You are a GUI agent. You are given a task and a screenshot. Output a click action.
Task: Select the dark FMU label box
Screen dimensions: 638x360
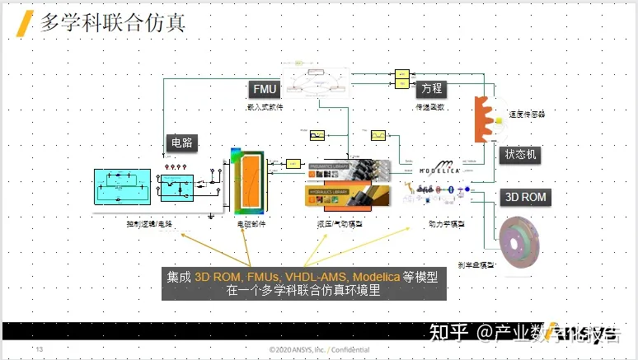click(264, 89)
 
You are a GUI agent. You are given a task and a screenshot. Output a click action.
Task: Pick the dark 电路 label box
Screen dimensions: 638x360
click(181, 142)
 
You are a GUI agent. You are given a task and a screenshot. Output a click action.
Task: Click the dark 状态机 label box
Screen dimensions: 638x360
click(522, 154)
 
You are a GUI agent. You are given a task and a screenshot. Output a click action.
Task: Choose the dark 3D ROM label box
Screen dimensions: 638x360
click(524, 198)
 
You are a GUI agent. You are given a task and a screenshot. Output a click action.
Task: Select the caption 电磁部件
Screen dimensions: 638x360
click(251, 223)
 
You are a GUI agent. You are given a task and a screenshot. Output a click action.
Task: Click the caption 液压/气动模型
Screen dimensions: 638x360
click(339, 222)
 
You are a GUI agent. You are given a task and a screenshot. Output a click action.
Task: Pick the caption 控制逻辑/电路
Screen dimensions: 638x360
click(149, 223)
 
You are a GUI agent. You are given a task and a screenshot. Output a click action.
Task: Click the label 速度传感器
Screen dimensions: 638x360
click(528, 115)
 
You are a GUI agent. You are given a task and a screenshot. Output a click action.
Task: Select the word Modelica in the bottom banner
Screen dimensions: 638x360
click(377, 276)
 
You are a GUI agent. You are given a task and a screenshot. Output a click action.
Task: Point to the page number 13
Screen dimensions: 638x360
click(39, 350)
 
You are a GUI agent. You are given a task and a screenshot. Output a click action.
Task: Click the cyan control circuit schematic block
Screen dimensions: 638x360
click(122, 187)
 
